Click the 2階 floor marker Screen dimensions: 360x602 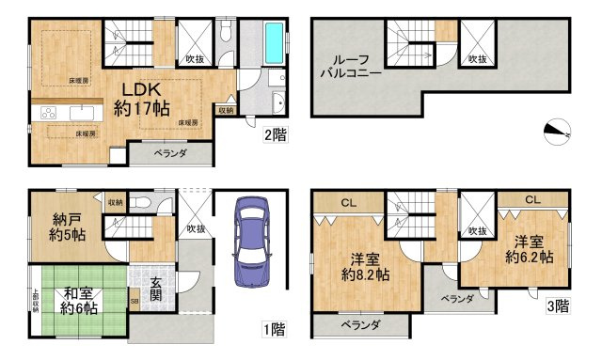(x=274, y=134)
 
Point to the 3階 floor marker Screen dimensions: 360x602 (x=557, y=305)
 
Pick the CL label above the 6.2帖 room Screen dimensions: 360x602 (x=531, y=199)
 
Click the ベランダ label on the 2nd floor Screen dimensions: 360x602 (x=170, y=152)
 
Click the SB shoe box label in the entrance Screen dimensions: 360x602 (x=135, y=303)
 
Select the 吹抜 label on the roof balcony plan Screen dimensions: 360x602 (x=480, y=60)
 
